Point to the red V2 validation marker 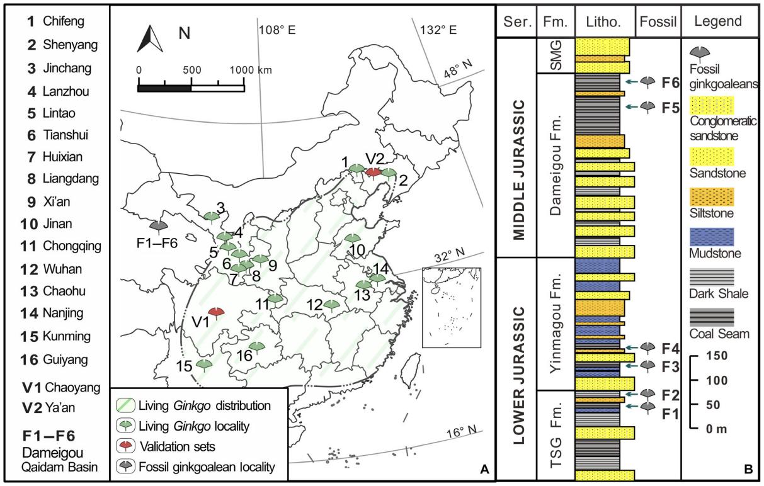pyautogui.click(x=373, y=171)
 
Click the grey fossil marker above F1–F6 pyautogui.click(x=157, y=225)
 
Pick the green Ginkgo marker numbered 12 pyautogui.click(x=332, y=305)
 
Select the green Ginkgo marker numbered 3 pyautogui.click(x=212, y=216)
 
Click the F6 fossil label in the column pyautogui.click(x=671, y=82)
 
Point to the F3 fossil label pyautogui.click(x=671, y=366)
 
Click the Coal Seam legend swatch pyautogui.click(x=714, y=315)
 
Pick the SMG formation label pyautogui.click(x=555, y=54)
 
